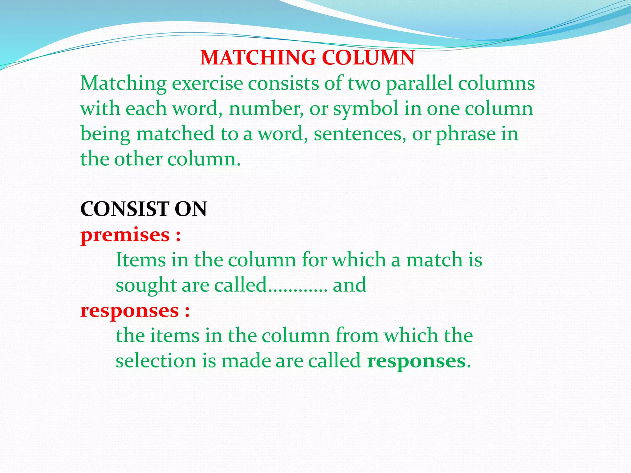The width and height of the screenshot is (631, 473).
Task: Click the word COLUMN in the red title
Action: [368, 58]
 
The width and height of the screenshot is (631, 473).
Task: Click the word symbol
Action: [366, 109]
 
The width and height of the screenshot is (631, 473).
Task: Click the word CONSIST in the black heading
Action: [125, 209]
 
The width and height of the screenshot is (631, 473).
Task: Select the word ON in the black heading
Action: [191, 209]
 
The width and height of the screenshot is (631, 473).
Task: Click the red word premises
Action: [125, 235]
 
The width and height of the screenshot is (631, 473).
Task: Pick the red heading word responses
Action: [129, 311]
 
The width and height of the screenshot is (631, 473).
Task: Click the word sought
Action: [146, 285]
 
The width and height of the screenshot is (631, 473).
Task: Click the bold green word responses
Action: [416, 361]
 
